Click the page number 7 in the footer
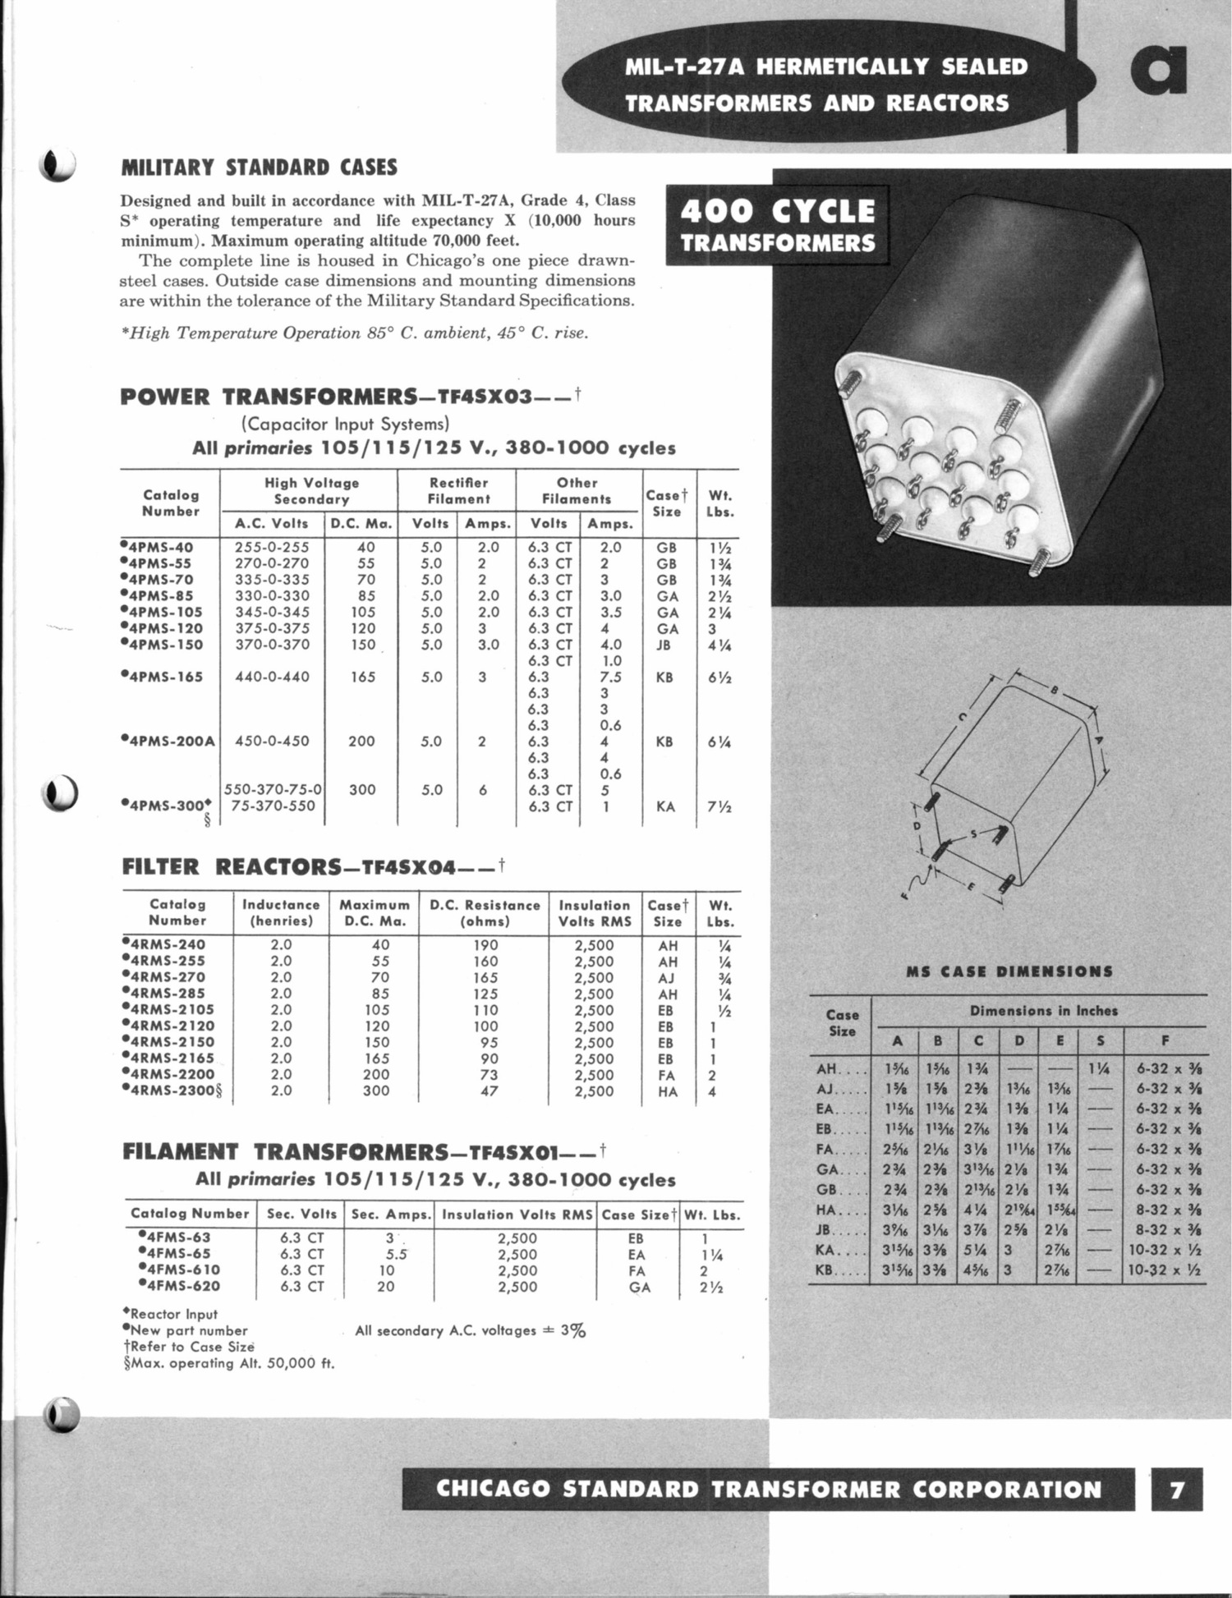pyautogui.click(x=1178, y=1489)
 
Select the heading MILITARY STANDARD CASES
pyautogui.click(x=259, y=168)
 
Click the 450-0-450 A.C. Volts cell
pyautogui.click(x=272, y=742)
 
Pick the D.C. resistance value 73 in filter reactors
pyautogui.click(x=485, y=1075)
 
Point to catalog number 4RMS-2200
pyautogui.click(x=171, y=1075)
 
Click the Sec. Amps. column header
pyautogui.click(x=392, y=1215)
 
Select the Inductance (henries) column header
pyautogui.click(x=281, y=913)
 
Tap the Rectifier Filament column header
pyautogui.click(x=458, y=490)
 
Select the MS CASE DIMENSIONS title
pyautogui.click(x=1009, y=971)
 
